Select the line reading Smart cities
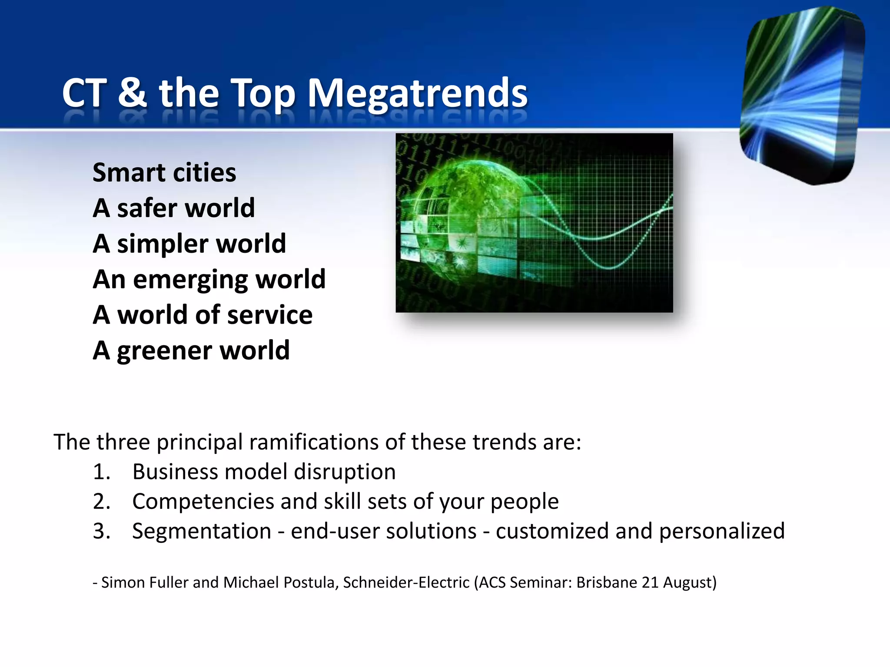pyautogui.click(x=164, y=172)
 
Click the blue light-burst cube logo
pyautogui.click(x=802, y=96)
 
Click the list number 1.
pyautogui.click(x=101, y=472)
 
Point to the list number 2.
pyautogui.click(x=101, y=502)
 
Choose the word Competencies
pyautogui.click(x=203, y=502)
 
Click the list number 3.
pyautogui.click(x=101, y=531)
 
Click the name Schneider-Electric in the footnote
pyautogui.click(x=406, y=582)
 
